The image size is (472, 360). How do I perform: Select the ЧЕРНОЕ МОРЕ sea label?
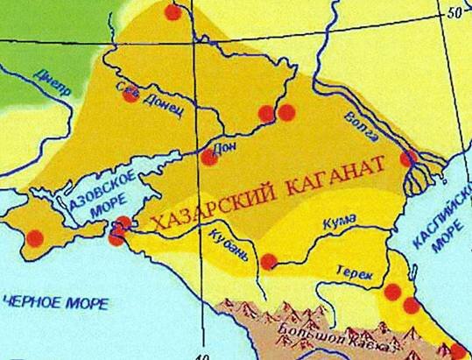point(54,303)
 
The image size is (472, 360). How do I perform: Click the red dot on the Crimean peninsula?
point(35,236)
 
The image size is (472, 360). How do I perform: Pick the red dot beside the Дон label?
point(209,157)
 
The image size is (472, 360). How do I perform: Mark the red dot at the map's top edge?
point(173,11)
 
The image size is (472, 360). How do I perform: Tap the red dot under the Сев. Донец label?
point(130,95)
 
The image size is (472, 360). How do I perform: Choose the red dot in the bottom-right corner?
point(457,351)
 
